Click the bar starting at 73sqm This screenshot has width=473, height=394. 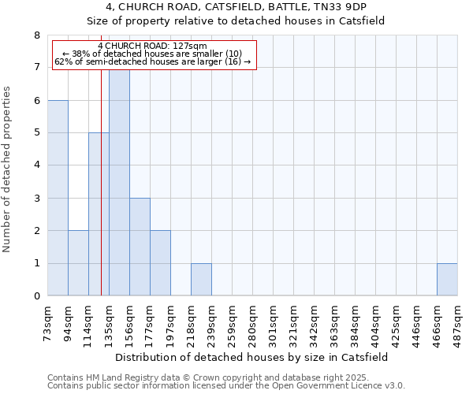tap(58, 198)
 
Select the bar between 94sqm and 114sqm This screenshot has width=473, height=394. tap(78, 263)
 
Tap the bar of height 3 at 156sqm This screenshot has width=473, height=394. tap(140, 247)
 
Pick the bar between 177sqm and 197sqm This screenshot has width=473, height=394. tap(160, 263)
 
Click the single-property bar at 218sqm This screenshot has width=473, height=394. tap(201, 280)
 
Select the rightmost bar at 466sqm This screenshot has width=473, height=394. tap(447, 280)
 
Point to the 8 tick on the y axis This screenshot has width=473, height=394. tap(36, 35)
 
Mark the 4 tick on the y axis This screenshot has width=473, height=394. tap(36, 165)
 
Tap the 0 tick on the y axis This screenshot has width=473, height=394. tap(36, 296)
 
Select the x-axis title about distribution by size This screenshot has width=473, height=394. tap(252, 357)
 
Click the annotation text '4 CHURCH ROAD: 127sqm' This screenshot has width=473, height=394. tap(153, 46)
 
